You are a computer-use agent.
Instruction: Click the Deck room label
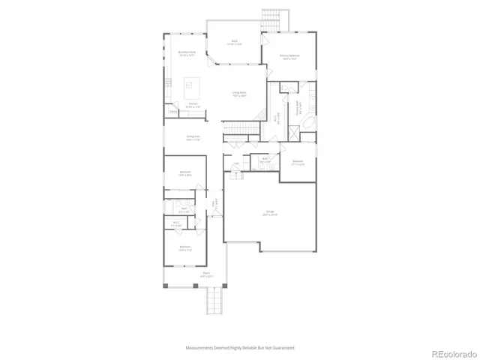click(234, 43)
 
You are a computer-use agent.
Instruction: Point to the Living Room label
click(240, 94)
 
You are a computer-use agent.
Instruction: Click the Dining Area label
click(192, 137)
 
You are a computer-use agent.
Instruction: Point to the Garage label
click(268, 213)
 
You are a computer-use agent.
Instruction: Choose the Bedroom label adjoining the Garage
click(298, 161)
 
